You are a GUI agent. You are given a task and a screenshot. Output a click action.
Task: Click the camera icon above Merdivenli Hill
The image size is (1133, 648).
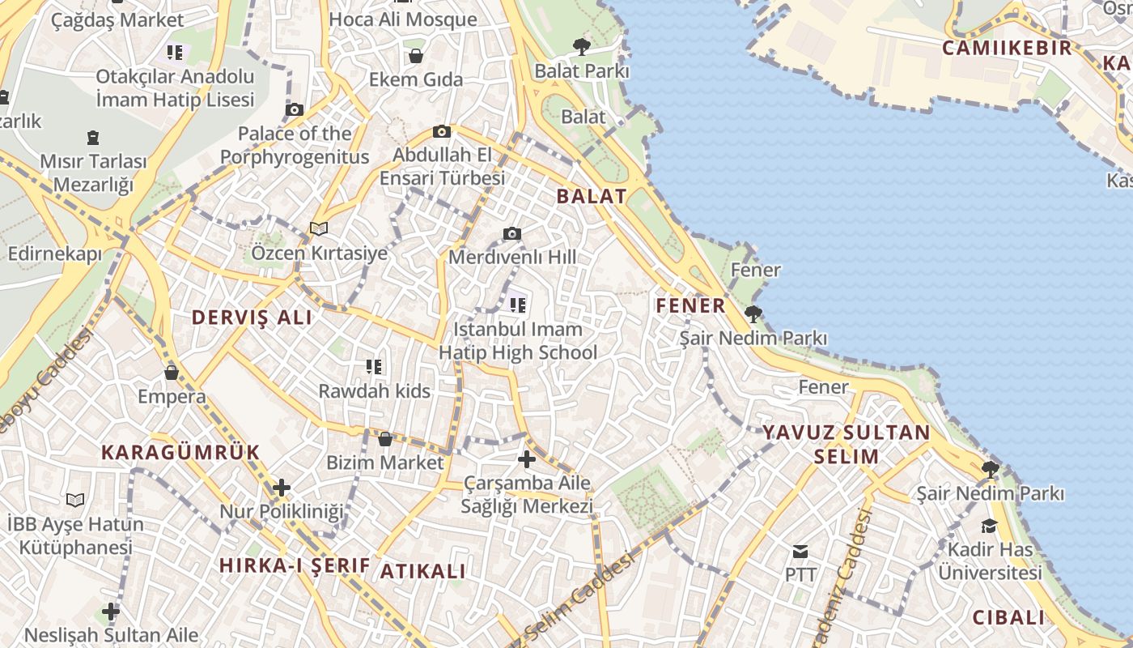pyautogui.click(x=512, y=234)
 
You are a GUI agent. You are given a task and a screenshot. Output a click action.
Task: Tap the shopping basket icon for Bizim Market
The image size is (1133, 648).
pyautogui.click(x=385, y=439)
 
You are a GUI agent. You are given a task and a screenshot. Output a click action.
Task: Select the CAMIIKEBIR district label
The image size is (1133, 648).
pyautogui.click(x=1007, y=48)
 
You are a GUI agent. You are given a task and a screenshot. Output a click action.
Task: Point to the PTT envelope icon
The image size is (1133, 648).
pyautogui.click(x=800, y=552)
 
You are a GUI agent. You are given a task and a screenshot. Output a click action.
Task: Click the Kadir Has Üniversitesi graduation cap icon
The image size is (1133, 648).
pyautogui.click(x=989, y=526)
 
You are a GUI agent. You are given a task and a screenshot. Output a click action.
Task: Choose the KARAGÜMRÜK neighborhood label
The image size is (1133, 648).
pyautogui.click(x=180, y=453)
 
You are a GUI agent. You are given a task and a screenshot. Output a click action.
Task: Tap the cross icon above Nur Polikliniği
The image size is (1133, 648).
pyautogui.click(x=282, y=488)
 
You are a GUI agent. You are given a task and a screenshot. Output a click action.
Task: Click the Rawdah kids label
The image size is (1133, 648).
pyautogui.click(x=374, y=391)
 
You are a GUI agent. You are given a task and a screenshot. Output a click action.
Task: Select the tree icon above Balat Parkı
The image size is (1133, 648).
pyautogui.click(x=581, y=46)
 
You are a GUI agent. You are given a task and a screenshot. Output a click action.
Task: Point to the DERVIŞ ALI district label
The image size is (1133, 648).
pyautogui.click(x=252, y=318)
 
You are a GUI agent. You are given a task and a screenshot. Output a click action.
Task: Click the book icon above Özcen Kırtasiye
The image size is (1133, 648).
pyautogui.click(x=319, y=229)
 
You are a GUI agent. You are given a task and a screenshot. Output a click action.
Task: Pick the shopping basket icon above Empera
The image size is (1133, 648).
pyautogui.click(x=172, y=373)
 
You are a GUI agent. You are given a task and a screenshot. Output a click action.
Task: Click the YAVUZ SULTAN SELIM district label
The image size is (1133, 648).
pyautogui.click(x=847, y=444)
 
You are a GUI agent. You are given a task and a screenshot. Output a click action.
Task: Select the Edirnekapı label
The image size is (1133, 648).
pyautogui.click(x=55, y=254)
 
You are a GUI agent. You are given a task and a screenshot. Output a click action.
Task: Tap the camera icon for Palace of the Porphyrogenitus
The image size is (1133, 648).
pyautogui.click(x=295, y=110)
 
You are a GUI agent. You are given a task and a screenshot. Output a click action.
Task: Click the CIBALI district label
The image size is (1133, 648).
pyautogui.click(x=1008, y=617)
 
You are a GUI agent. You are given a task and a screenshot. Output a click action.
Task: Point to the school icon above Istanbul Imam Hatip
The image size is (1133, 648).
pyautogui.click(x=518, y=305)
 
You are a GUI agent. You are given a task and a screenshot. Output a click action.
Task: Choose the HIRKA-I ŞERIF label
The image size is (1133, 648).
pyautogui.click(x=295, y=565)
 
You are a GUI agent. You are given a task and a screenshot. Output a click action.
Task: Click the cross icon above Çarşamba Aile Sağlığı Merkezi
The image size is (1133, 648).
pyautogui.click(x=527, y=459)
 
